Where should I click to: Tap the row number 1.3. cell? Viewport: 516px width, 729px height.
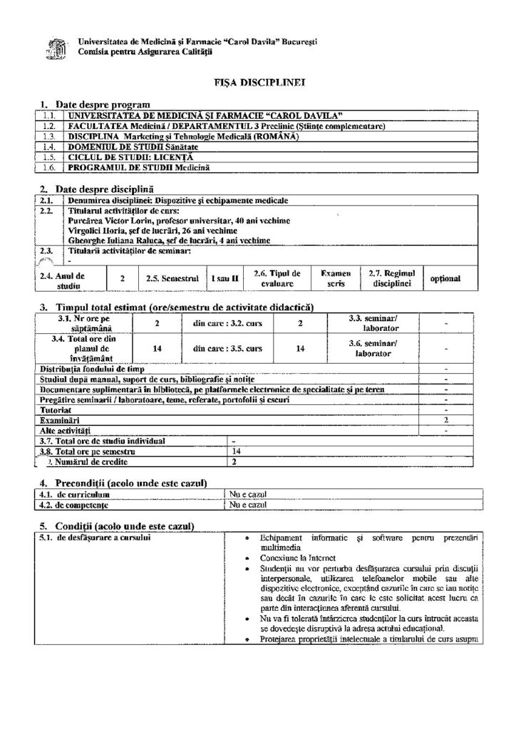tap(48, 136)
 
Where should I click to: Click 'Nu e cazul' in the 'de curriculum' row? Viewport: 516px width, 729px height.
tap(247, 493)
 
